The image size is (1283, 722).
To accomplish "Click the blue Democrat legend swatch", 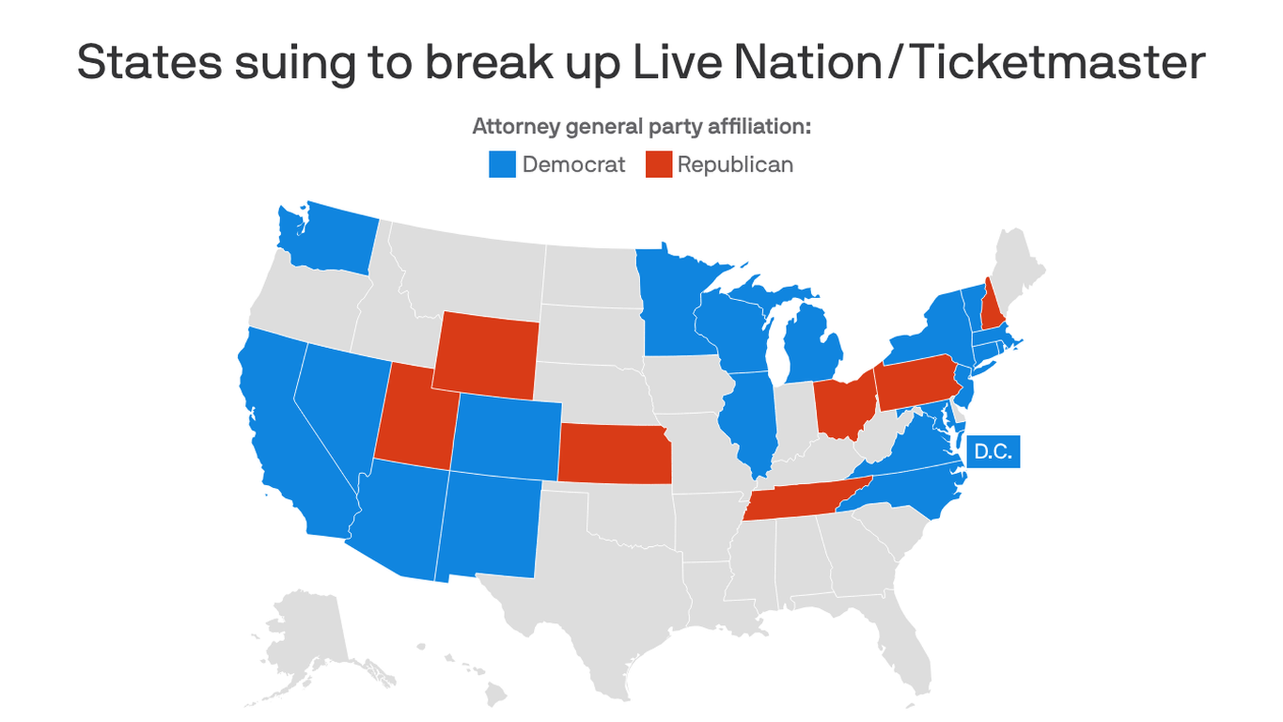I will (x=502, y=164).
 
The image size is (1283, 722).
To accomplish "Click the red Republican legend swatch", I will (x=658, y=164).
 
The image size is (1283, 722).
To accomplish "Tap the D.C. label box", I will (x=993, y=452).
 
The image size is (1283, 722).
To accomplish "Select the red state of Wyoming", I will (x=486, y=354).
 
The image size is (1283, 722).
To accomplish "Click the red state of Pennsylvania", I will (x=917, y=382).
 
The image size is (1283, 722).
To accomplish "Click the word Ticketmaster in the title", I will (x=1058, y=62).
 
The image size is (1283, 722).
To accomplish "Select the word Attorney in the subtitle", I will (x=516, y=126).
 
